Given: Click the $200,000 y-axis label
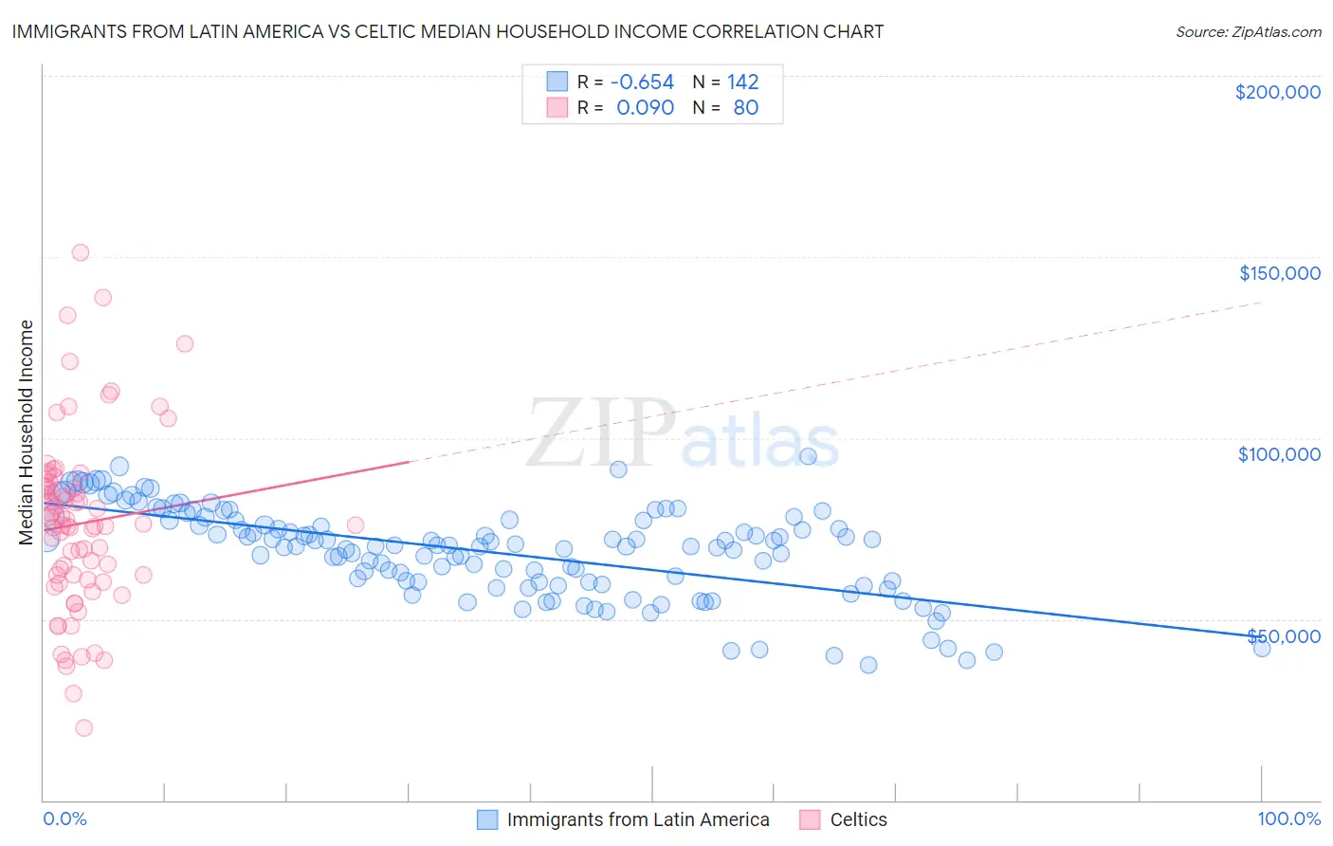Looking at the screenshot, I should (1277, 92).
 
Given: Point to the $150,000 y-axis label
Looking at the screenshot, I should (1279, 273).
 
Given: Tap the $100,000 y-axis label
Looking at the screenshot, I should (1279, 454).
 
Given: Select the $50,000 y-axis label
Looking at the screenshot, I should (1284, 635).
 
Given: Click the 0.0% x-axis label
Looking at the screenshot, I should (64, 819).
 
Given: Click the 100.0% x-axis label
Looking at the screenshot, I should (1288, 819).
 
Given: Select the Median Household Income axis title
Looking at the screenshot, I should (27, 432).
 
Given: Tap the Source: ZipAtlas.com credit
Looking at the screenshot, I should (1248, 31).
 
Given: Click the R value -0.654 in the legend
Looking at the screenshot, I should (642, 83).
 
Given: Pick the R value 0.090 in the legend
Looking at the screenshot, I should (645, 108).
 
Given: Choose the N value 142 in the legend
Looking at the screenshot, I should (742, 83).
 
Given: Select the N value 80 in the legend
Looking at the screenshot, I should (745, 108).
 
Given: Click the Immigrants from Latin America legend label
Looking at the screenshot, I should (637, 819).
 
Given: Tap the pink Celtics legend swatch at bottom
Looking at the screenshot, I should (809, 819).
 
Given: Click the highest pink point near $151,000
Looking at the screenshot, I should (81, 252).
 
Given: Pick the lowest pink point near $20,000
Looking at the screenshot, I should (83, 727).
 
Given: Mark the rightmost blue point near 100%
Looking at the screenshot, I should (1261, 648).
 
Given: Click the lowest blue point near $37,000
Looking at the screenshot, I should (867, 665).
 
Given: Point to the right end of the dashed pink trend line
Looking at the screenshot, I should (1262, 303).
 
